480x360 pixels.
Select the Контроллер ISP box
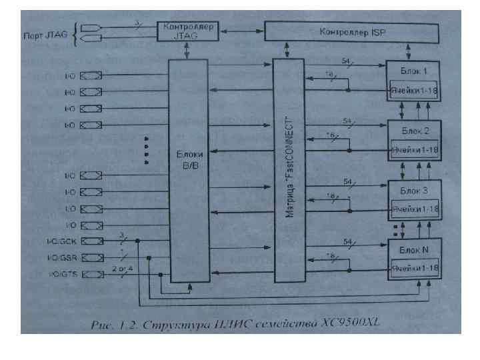coord(351,31)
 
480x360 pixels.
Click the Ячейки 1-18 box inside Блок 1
coord(414,89)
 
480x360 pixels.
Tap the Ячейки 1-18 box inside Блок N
coord(414,268)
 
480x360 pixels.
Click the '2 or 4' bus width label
coord(121,267)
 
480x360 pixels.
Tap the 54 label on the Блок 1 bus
coord(346,61)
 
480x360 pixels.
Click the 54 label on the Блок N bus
coord(346,241)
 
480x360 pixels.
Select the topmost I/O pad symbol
coord(91,76)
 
